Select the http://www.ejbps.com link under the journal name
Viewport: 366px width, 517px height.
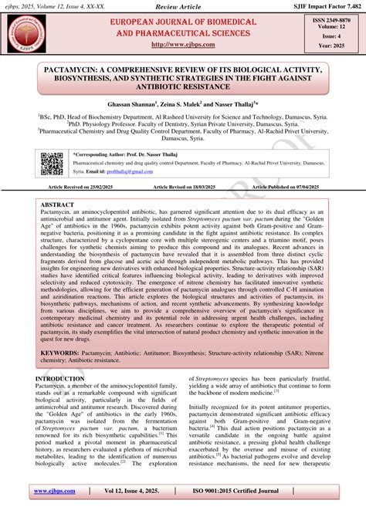coord(183,44)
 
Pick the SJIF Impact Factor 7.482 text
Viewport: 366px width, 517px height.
coord(326,6)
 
